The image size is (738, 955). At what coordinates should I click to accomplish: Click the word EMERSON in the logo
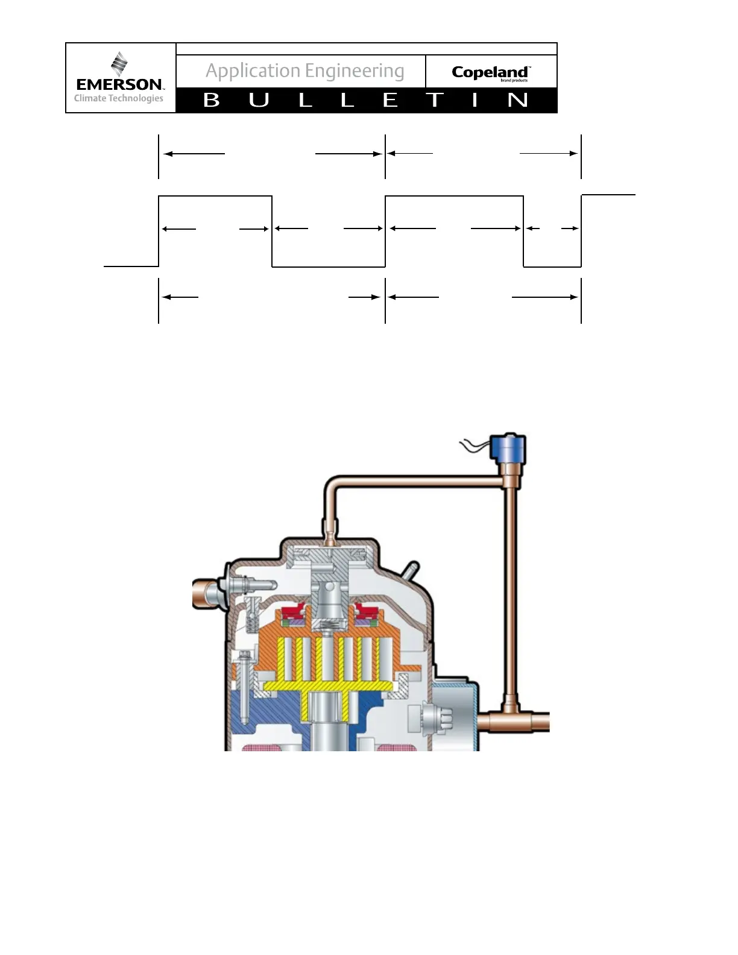point(119,84)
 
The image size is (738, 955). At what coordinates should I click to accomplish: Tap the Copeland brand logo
point(490,73)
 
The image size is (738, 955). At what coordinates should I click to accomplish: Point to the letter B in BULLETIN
point(212,100)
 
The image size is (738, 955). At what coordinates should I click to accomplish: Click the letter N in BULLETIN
point(517,100)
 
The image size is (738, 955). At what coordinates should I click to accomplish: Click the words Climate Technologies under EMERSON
point(119,98)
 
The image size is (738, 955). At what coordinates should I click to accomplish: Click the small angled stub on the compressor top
point(412,570)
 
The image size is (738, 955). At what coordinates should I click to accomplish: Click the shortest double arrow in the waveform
point(552,229)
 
